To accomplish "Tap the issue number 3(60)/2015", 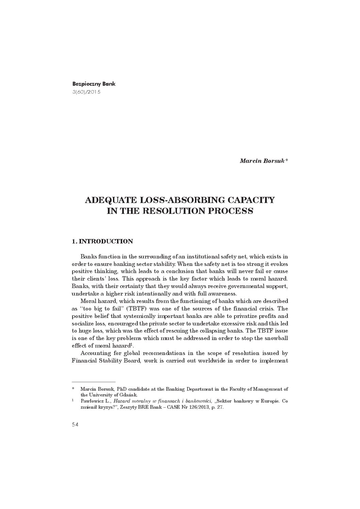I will [x=86, y=92].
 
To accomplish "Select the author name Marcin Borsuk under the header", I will [x=262, y=160].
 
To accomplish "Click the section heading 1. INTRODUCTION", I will [x=102, y=241].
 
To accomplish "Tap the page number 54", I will [x=75, y=424].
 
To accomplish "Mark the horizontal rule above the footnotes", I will [x=94, y=382].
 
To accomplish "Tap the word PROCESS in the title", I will [x=232, y=211].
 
